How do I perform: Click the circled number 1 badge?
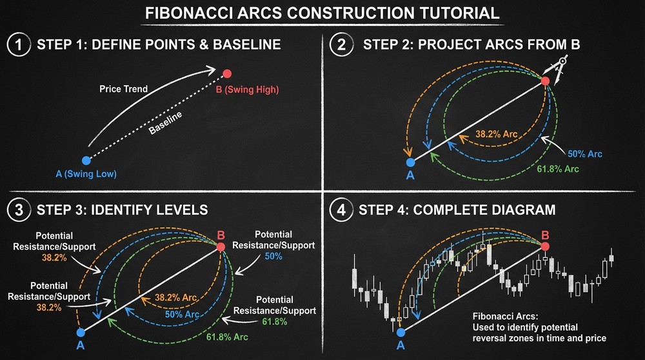point(16,45)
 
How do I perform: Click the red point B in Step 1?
point(226,74)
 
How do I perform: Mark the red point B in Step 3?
point(221,246)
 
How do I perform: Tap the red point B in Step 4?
point(546,246)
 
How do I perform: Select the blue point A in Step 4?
point(401,332)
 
